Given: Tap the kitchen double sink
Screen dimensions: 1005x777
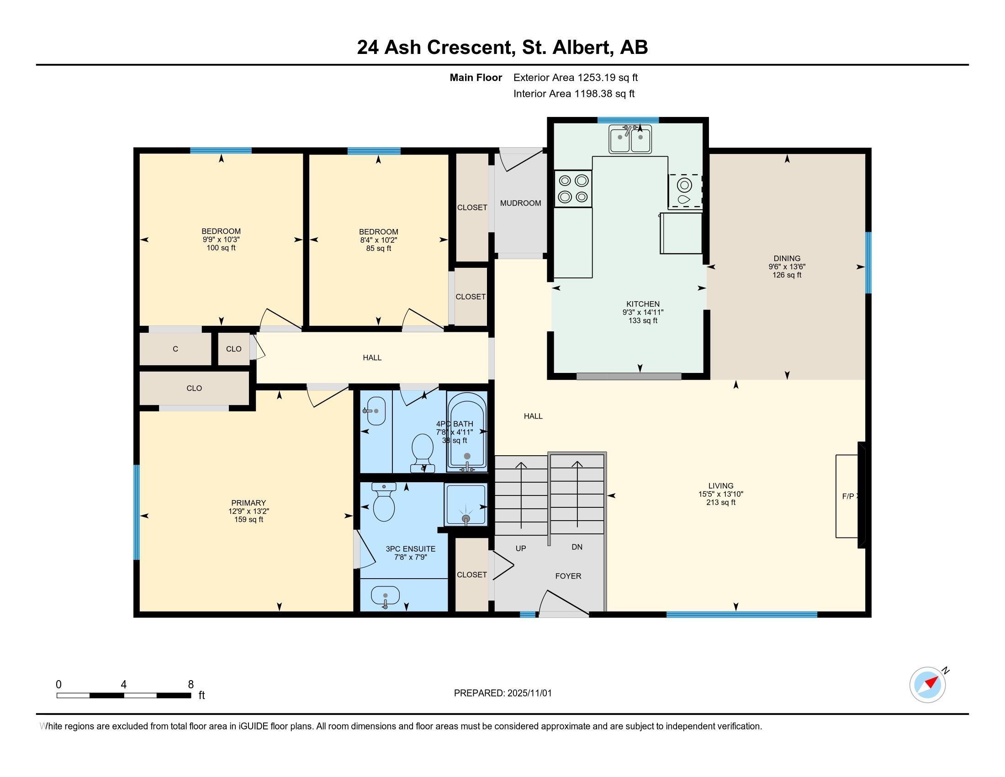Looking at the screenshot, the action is pyautogui.click(x=630, y=138).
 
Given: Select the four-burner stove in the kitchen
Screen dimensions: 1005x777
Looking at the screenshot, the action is pyautogui.click(x=573, y=188).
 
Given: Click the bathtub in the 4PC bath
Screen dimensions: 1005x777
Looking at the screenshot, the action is pyautogui.click(x=467, y=432).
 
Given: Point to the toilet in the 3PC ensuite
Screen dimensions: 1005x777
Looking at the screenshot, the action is pyautogui.click(x=384, y=502).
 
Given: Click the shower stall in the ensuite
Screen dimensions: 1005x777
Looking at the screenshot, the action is pyautogui.click(x=465, y=505).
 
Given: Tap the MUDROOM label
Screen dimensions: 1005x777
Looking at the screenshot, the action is pyautogui.click(x=520, y=203).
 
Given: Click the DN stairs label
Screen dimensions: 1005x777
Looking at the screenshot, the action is pyautogui.click(x=577, y=547).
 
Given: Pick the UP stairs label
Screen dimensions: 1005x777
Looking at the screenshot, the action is pyautogui.click(x=521, y=548).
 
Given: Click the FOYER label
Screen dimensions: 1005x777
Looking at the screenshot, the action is pyautogui.click(x=568, y=576).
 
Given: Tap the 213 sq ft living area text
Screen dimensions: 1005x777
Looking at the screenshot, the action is pyautogui.click(x=721, y=502).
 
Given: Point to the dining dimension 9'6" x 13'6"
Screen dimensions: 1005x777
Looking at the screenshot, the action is pyautogui.click(x=787, y=266).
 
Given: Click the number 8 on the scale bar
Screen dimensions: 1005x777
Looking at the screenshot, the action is pyautogui.click(x=190, y=685).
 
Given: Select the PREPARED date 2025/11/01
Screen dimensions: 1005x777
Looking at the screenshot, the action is pyautogui.click(x=529, y=693).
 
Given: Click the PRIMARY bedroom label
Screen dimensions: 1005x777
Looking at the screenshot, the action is pyautogui.click(x=249, y=503).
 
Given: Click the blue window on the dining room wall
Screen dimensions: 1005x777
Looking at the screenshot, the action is pyautogui.click(x=868, y=262).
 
